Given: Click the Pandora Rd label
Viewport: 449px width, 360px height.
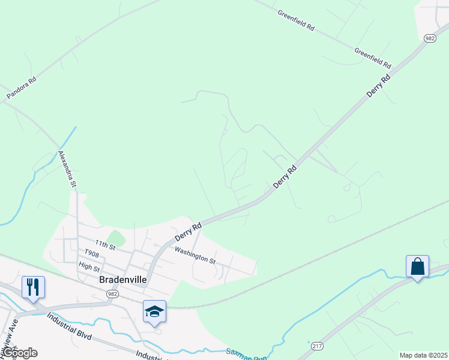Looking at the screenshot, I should click(x=22, y=88).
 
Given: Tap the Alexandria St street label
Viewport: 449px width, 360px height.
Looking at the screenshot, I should click(x=66, y=169).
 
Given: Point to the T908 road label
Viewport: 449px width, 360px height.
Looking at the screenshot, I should click(x=91, y=254).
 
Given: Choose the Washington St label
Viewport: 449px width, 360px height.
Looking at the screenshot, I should click(x=194, y=255).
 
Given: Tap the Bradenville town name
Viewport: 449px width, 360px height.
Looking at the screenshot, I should click(x=124, y=280).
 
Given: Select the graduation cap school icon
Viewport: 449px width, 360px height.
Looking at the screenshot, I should click(x=154, y=311).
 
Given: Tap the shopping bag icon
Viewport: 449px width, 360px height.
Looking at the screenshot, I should click(x=417, y=266).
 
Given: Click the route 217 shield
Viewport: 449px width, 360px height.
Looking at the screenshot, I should click(x=317, y=346).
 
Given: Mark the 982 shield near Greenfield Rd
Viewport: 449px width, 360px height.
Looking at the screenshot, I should click(x=429, y=38).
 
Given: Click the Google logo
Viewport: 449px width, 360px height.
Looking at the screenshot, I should click(x=19, y=353).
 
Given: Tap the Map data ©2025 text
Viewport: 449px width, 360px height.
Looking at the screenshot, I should click(x=423, y=355).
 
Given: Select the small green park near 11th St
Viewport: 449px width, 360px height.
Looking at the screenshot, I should click(x=116, y=239).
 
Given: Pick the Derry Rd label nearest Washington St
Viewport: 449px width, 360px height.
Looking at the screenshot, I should click(x=188, y=232).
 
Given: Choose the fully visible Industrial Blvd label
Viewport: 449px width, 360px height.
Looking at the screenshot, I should click(x=69, y=325).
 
